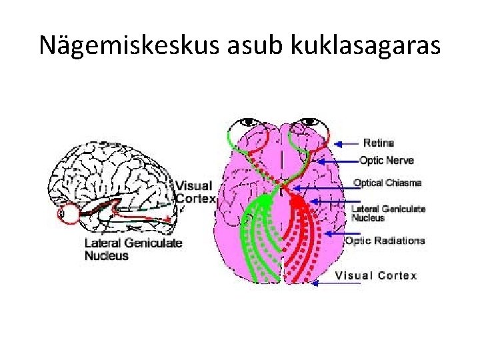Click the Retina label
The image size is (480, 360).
(379, 143)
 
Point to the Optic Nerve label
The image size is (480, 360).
(387, 160)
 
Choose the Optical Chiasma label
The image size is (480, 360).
(387, 183)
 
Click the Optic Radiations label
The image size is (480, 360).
(385, 241)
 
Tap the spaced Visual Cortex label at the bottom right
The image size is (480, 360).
(375, 276)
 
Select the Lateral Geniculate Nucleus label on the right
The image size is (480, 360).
(388, 213)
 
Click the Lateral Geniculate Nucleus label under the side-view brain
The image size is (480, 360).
(133, 249)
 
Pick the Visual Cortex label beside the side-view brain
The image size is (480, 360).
(194, 192)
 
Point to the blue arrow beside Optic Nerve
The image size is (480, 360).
(337, 161)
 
